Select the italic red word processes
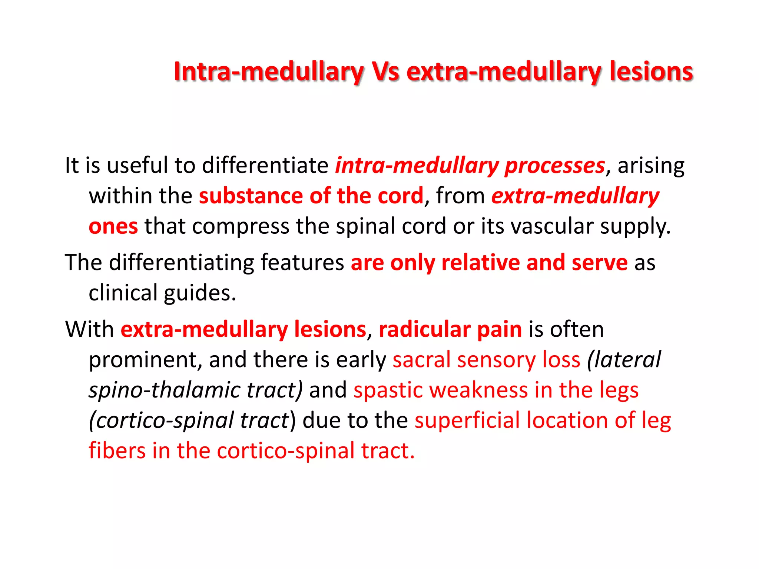pos(555,166)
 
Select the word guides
pos(200,293)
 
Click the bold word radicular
pos(424,329)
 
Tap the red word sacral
pos(421,360)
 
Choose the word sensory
pos(496,360)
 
